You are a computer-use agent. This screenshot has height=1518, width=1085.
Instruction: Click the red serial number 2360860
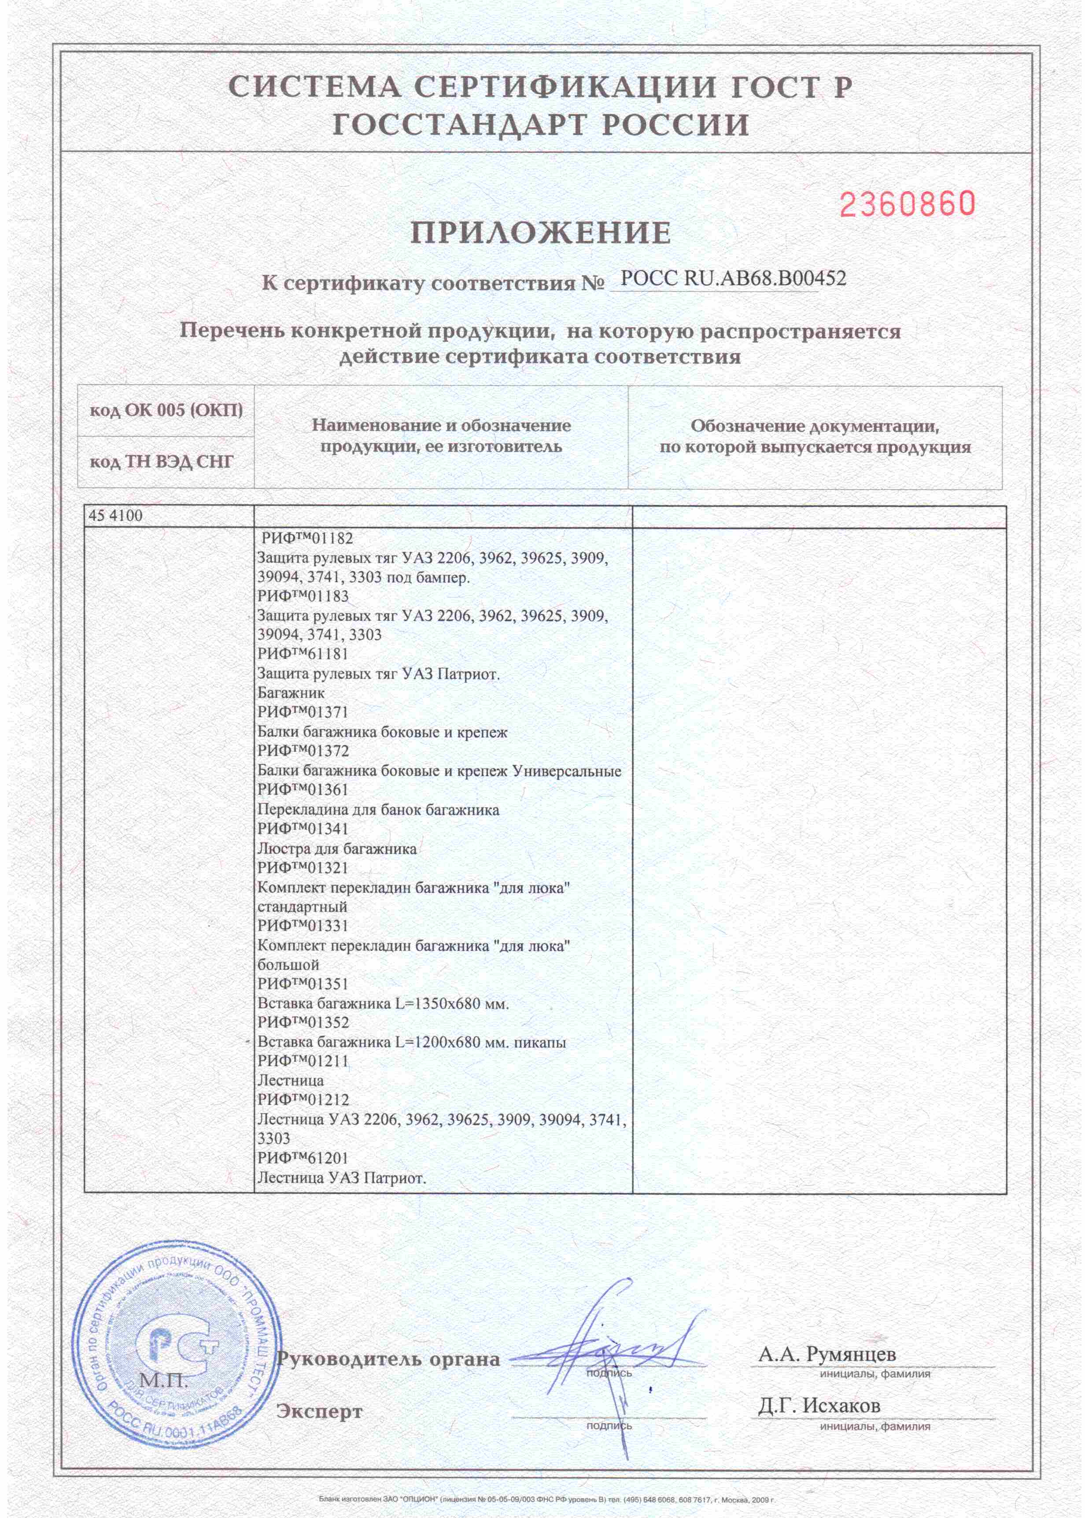point(907,204)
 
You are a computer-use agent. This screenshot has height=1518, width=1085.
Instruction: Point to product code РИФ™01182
point(306,538)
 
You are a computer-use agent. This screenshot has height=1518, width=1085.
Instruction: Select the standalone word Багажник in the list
point(292,693)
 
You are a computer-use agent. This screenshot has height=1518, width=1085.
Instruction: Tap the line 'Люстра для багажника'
point(337,849)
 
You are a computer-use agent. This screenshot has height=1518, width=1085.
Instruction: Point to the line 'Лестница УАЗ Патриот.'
point(341,1178)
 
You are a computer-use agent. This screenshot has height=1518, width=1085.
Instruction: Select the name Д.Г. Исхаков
point(819,1405)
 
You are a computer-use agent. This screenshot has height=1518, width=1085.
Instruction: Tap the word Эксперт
point(319,1412)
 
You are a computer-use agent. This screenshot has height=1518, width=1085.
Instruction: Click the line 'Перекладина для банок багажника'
point(378,810)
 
